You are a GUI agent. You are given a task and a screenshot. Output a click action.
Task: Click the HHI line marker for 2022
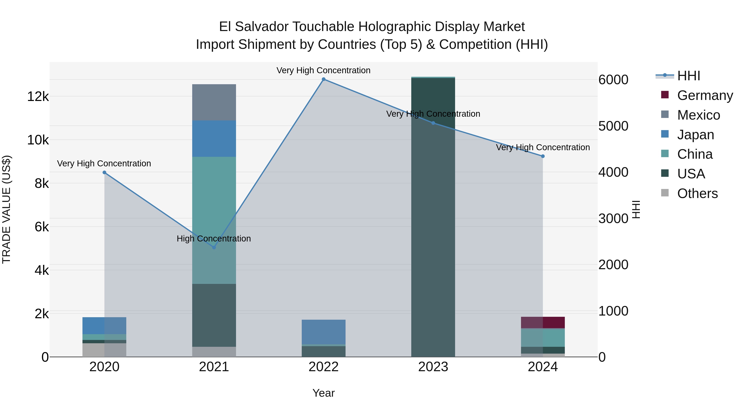click(x=323, y=79)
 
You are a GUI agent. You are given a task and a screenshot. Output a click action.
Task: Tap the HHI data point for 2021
click(x=214, y=247)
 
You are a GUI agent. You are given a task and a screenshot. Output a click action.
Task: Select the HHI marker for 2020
click(x=105, y=173)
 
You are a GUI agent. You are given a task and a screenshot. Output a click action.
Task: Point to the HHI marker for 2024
click(x=543, y=156)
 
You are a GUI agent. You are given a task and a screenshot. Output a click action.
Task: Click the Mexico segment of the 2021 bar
click(x=214, y=102)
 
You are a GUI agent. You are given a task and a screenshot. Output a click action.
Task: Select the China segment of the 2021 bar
click(x=214, y=220)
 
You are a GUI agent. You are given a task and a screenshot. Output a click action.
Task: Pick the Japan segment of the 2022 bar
click(x=323, y=332)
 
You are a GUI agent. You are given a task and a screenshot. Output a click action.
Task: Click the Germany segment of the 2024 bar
click(x=543, y=322)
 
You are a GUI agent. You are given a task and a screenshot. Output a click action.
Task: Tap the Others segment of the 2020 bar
click(x=105, y=350)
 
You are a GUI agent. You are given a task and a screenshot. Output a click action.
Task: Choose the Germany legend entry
click(x=705, y=95)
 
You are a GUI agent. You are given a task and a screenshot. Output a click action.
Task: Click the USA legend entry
click(x=691, y=174)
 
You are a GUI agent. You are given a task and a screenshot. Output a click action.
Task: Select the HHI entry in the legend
click(x=689, y=76)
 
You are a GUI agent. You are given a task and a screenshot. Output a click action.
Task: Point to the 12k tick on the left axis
click(x=38, y=96)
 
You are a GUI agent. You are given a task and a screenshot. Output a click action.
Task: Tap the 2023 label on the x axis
click(x=433, y=367)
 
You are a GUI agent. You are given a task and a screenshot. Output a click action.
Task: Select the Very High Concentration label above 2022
click(x=323, y=70)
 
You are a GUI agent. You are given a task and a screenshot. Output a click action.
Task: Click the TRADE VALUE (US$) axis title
click(x=6, y=209)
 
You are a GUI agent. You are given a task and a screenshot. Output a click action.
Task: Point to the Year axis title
click(x=323, y=393)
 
